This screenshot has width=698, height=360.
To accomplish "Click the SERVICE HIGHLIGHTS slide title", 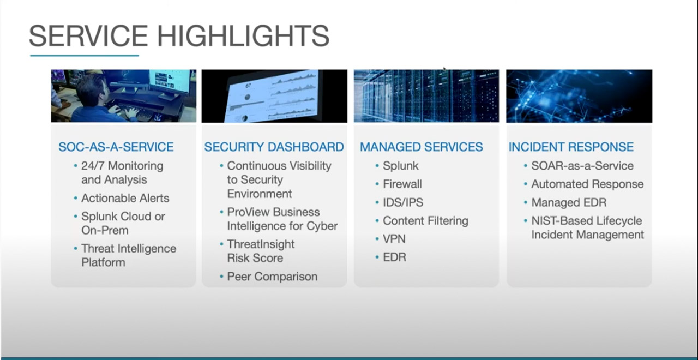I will [x=179, y=35].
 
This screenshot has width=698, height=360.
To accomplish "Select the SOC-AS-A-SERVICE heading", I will [x=116, y=147].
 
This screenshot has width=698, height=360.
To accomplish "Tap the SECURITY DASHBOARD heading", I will [x=274, y=147].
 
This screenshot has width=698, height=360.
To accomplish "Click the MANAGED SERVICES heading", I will [x=421, y=147].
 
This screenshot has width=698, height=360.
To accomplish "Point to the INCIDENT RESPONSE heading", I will [x=571, y=147].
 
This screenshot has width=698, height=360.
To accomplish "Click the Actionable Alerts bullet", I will [x=125, y=198].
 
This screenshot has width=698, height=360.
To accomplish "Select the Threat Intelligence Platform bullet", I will [x=128, y=255].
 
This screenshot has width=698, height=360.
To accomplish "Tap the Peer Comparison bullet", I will [x=272, y=277].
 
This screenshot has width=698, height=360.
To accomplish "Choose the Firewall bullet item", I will [x=402, y=184].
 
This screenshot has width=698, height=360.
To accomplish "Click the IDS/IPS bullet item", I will [x=402, y=202].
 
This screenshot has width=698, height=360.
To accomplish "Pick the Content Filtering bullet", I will [x=425, y=221].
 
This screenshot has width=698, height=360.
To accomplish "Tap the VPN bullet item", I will [x=394, y=239].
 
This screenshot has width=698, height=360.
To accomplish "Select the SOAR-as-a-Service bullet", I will [x=582, y=166].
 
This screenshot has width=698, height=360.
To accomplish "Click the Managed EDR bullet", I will [x=568, y=202].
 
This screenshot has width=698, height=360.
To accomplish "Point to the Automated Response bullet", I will [x=587, y=184].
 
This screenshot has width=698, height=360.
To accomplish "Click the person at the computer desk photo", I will [x=123, y=96].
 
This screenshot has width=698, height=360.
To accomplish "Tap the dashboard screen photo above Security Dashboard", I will [x=274, y=96].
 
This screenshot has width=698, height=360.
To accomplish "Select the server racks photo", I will [x=426, y=96].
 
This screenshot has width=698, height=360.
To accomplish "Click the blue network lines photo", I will [x=579, y=96].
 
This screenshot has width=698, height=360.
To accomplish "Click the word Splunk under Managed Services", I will [x=400, y=166].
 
